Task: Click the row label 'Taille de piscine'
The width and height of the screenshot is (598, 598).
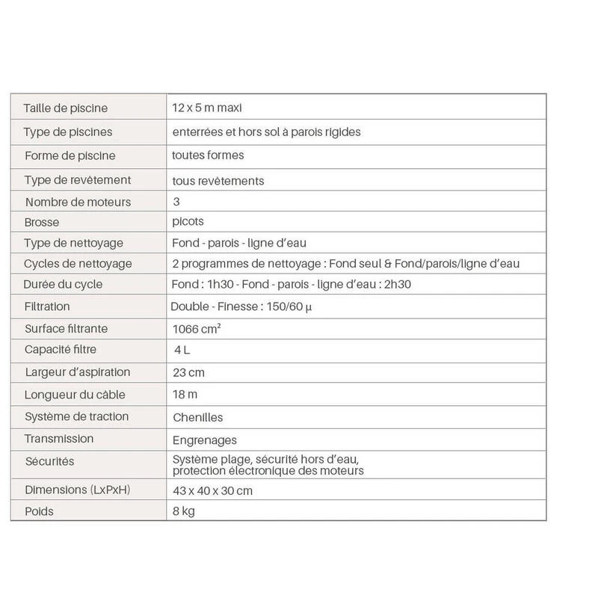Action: [66, 108]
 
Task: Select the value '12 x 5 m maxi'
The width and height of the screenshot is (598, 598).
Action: [201, 108]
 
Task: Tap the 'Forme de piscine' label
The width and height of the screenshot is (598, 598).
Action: [70, 156]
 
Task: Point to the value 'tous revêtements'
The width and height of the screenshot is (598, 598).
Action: [218, 181]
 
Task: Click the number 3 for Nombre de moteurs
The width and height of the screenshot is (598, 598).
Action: [176, 202]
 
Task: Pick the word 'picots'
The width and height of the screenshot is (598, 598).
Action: [188, 222]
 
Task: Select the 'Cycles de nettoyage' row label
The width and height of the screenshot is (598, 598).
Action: [78, 264]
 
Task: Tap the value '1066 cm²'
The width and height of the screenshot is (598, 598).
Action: [197, 328]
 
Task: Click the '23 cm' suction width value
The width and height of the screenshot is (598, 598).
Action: [188, 372]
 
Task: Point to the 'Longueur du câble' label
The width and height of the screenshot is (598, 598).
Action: [75, 394]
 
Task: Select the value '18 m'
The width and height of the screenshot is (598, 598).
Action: [185, 394]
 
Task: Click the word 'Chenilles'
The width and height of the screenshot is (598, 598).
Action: [197, 417]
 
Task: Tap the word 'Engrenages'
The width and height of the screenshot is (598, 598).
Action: [204, 440]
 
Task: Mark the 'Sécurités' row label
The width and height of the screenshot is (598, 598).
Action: [50, 461]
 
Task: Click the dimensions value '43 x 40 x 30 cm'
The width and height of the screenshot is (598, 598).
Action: [212, 491]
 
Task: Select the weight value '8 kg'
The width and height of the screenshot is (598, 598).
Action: [184, 512]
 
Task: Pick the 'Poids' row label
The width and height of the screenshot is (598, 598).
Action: [39, 512]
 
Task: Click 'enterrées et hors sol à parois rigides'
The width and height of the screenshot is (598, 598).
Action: [266, 132]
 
